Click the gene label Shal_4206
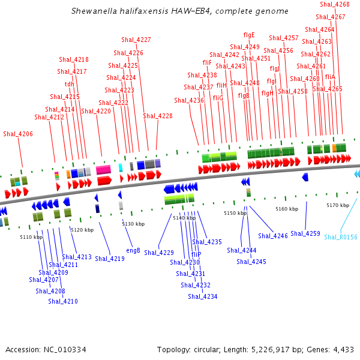(x=18, y=134)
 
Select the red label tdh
(x=70, y=84)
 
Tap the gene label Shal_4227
(x=136, y=40)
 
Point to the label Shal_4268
(x=335, y=4)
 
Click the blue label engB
(x=133, y=250)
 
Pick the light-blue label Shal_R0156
(x=341, y=237)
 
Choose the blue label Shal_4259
(x=305, y=233)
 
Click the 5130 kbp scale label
(x=134, y=224)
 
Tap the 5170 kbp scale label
(x=338, y=205)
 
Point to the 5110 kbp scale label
(x=31, y=237)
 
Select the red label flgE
(x=249, y=35)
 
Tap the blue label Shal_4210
(x=63, y=301)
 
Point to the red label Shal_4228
(x=158, y=116)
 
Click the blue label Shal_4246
(x=273, y=236)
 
